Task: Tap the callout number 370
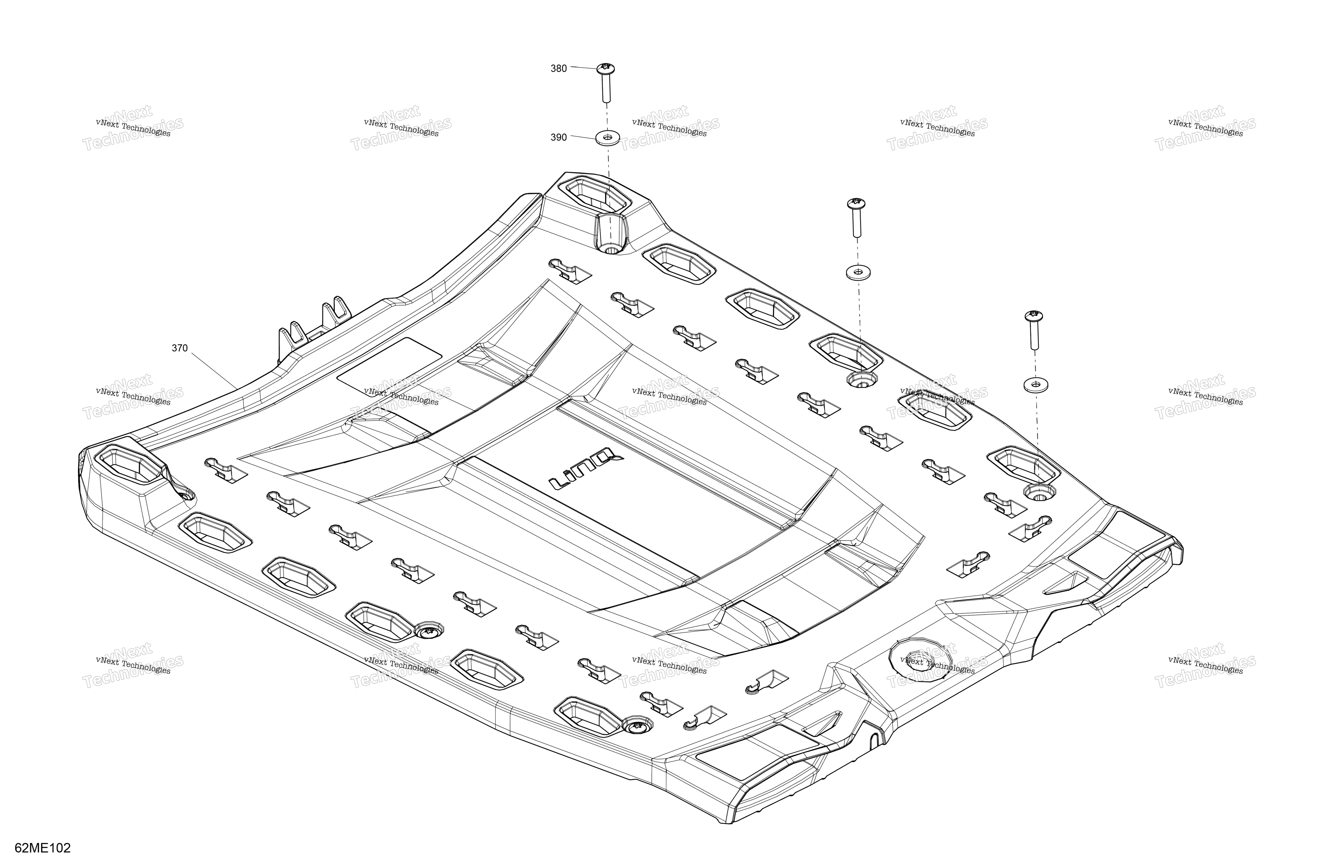[180, 348]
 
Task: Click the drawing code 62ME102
[43, 848]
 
